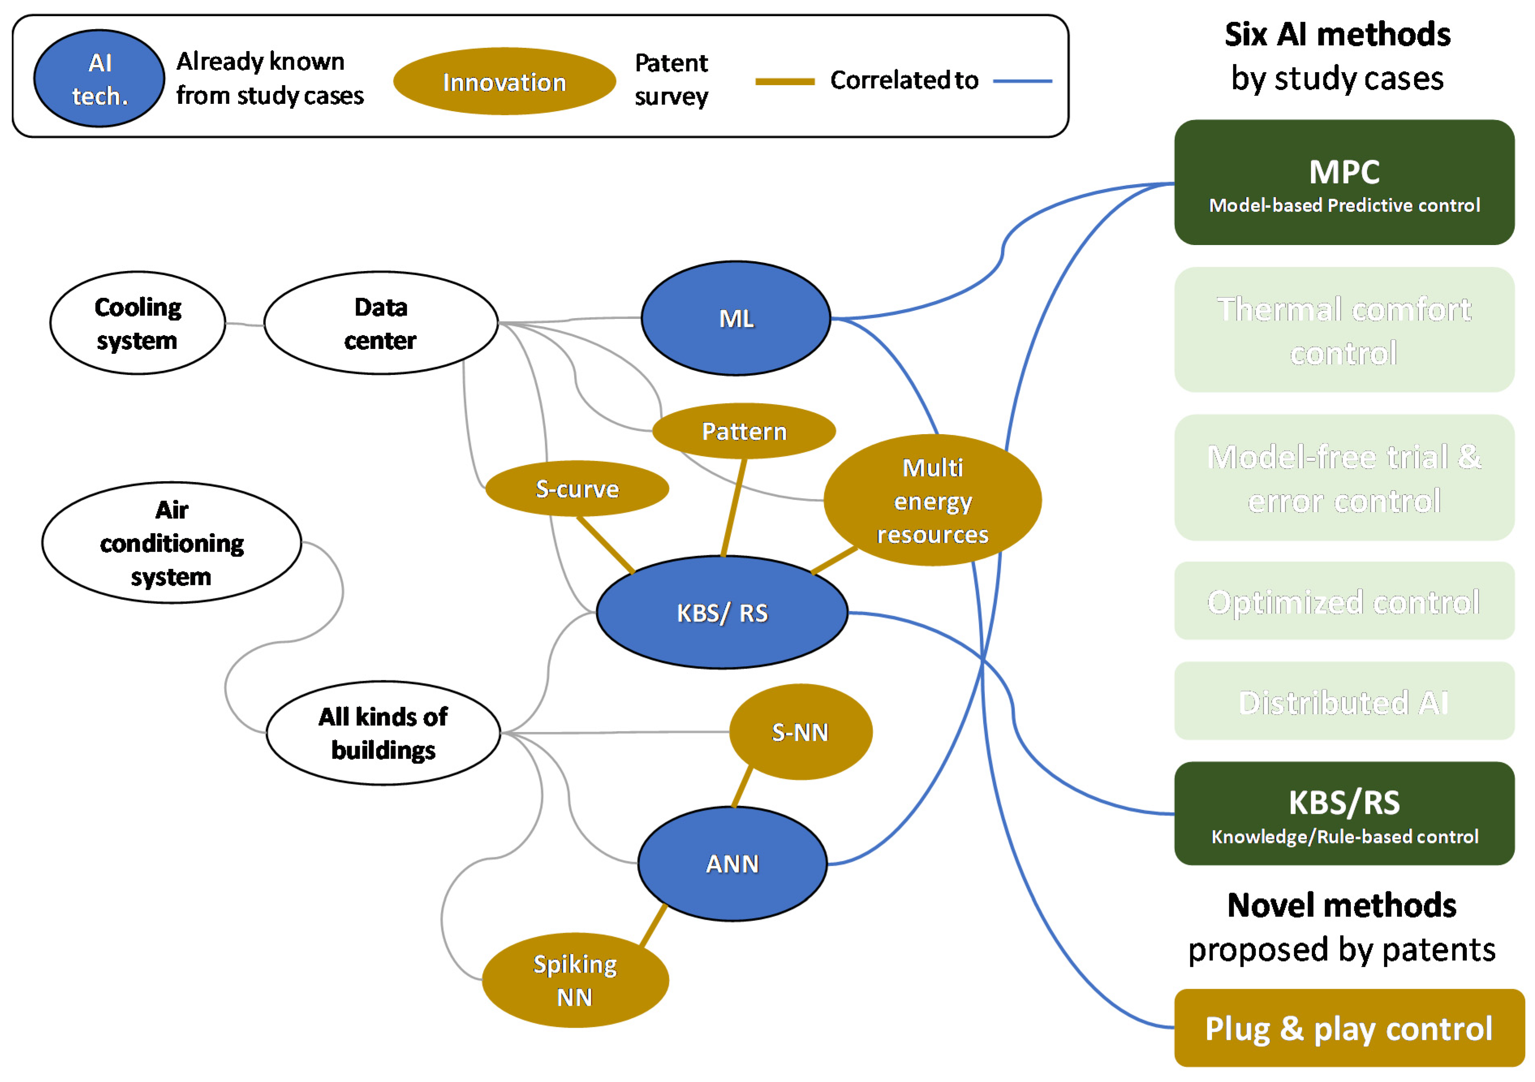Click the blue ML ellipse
[x=735, y=318]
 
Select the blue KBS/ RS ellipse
[x=722, y=613]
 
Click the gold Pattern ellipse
[x=744, y=431]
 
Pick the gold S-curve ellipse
[x=577, y=489]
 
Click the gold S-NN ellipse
[x=800, y=732]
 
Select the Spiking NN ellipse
[x=575, y=980]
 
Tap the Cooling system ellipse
[x=138, y=323]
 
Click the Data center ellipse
[x=381, y=323]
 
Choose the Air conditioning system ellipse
[x=172, y=543]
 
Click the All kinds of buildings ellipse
[x=383, y=733]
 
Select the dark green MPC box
[x=1344, y=183]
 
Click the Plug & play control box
[x=1348, y=1028]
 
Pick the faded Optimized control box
[x=1344, y=601]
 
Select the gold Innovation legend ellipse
[x=504, y=82]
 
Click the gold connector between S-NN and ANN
[x=742, y=787]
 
